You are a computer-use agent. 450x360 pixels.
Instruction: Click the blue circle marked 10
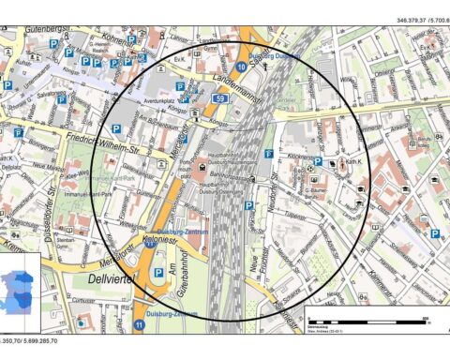[x=242, y=67]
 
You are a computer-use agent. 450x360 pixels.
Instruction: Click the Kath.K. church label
[x=353, y=163]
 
